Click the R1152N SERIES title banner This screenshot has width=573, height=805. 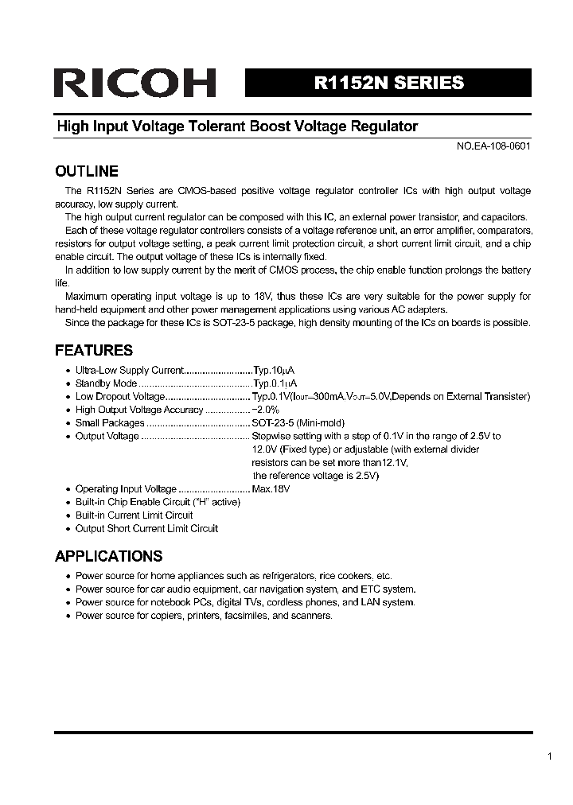(x=388, y=83)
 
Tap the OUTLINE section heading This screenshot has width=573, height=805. (x=86, y=172)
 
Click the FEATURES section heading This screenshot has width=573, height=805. (x=93, y=351)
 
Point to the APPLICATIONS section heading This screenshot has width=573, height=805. (x=108, y=556)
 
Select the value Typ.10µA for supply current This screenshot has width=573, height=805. (x=273, y=370)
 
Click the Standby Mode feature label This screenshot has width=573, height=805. (x=106, y=383)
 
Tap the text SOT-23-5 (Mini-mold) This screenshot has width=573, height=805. (x=298, y=423)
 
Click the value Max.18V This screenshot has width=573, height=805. (x=271, y=489)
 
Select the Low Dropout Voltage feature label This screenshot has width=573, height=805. (x=119, y=396)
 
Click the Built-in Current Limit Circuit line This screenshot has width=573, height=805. (x=134, y=515)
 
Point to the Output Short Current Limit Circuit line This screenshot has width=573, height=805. (x=146, y=528)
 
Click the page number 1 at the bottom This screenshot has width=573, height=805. (x=549, y=756)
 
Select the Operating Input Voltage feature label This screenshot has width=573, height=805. (x=126, y=489)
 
